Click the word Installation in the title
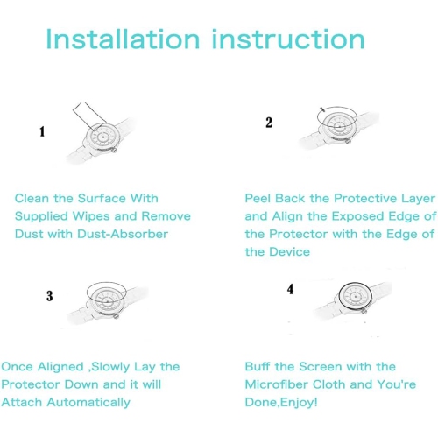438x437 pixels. tap(123, 39)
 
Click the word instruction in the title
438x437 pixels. tap(288, 39)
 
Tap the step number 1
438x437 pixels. tap(42, 131)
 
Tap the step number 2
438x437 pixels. tap(269, 123)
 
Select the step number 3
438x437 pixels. tap(50, 296)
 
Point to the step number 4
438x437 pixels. tap(290, 289)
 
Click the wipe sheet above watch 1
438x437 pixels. tap(88, 116)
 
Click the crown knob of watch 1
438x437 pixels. tap(115, 150)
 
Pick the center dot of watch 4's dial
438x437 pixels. tap(356, 297)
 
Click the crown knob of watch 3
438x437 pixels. tap(117, 316)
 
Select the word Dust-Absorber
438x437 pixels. tap(123, 234)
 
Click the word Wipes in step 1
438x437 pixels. tap(91, 217)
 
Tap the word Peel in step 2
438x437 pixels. tap(258, 199)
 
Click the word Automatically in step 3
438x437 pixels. tap(88, 403)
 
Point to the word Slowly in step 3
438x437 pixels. tap(110, 367)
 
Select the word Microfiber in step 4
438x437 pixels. tap(277, 384)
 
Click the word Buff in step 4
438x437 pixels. tap(258, 367)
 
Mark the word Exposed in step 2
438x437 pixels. tap(358, 217)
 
